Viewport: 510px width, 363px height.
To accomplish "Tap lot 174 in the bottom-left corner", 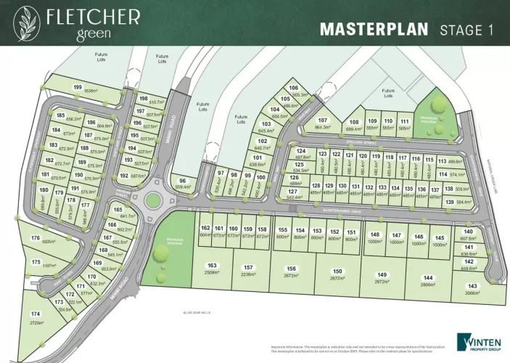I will point(36,317).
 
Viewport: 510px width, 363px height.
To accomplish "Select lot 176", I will point(35,240).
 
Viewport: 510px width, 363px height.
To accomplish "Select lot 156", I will point(292,272).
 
